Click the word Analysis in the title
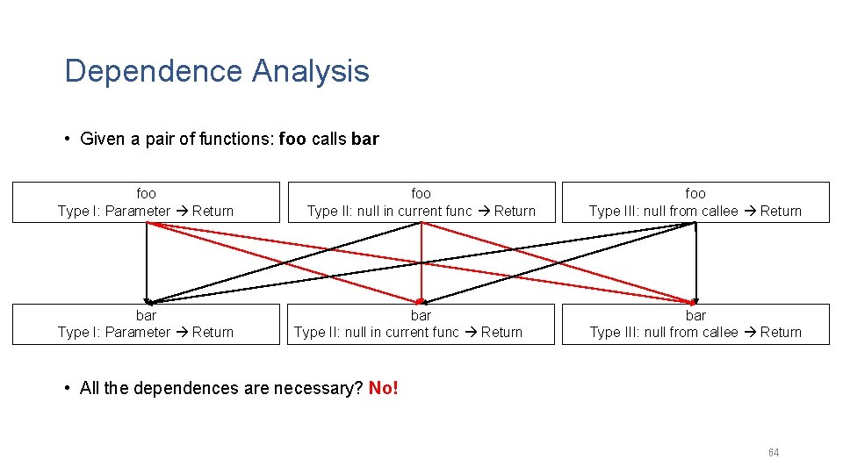tap(311, 71)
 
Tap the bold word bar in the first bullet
tap(364, 139)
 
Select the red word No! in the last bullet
tap(384, 388)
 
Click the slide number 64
tap(773, 453)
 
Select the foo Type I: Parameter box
tap(146, 202)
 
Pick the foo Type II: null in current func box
tap(421, 202)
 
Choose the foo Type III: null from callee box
tap(695, 202)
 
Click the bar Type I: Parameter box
tap(146, 324)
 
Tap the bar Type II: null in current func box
tap(421, 324)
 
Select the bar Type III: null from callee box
tap(695, 324)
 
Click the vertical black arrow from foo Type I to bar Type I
tap(147, 263)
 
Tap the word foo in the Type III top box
tap(695, 193)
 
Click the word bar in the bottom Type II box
tap(421, 315)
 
